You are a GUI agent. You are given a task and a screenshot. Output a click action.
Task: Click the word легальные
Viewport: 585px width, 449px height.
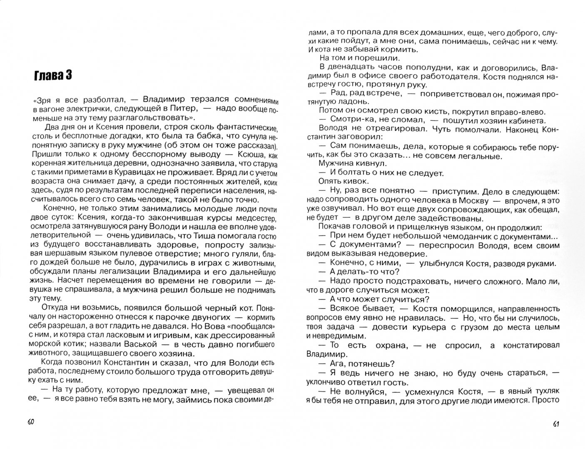(x=482, y=156)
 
